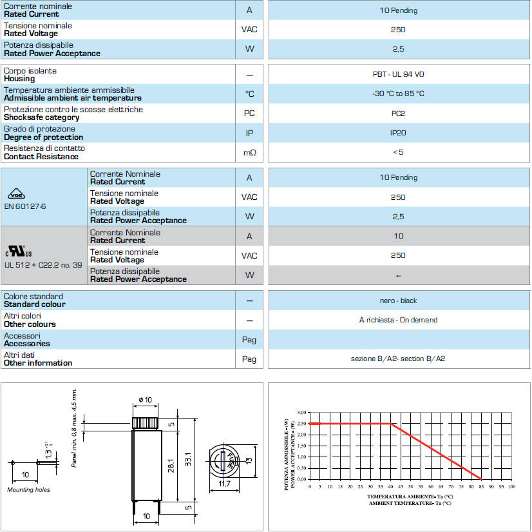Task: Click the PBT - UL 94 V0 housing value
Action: coord(399,74)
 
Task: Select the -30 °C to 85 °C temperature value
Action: coord(399,94)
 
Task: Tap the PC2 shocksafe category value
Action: coord(399,113)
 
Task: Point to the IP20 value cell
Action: coord(399,133)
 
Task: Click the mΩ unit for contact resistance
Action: coord(249,153)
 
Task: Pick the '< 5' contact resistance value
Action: coord(399,152)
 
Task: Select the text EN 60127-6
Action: coord(26,207)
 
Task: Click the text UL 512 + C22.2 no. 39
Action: coord(43,264)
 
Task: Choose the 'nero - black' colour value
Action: coord(399,300)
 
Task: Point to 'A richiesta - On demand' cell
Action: coord(399,320)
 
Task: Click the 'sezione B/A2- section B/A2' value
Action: coord(399,359)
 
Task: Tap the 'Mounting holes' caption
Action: coord(28,490)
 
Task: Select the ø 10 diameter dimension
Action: coord(145,400)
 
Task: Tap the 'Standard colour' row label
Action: coord(34,304)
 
